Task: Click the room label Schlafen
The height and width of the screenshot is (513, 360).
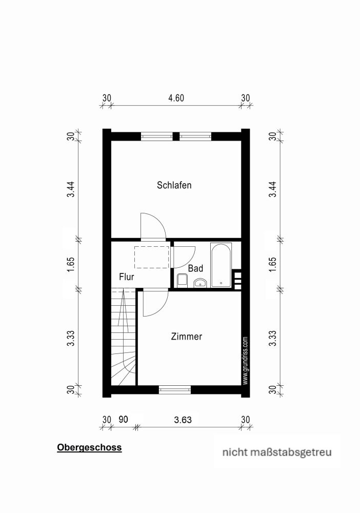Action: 174,185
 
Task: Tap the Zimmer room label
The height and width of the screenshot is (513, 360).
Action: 186,337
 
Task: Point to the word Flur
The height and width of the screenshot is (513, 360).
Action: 126,277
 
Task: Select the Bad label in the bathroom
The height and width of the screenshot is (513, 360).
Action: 195,268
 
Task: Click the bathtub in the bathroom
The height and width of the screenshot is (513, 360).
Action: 221,265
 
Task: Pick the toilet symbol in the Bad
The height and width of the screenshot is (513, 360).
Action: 182,280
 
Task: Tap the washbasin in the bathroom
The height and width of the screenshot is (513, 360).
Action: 199,282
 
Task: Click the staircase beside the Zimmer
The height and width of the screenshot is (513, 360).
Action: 124,339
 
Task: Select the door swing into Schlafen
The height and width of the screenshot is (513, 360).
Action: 153,227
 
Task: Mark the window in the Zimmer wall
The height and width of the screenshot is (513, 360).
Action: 174,390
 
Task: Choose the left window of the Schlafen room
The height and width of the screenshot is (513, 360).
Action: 157,136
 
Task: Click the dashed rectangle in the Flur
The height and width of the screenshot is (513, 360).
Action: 152,257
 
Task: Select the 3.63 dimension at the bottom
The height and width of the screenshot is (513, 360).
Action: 183,420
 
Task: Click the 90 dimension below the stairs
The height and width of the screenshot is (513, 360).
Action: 123,420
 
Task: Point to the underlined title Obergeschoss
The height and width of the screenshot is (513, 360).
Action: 89,447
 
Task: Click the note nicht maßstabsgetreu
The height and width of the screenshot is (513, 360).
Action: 276,452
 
